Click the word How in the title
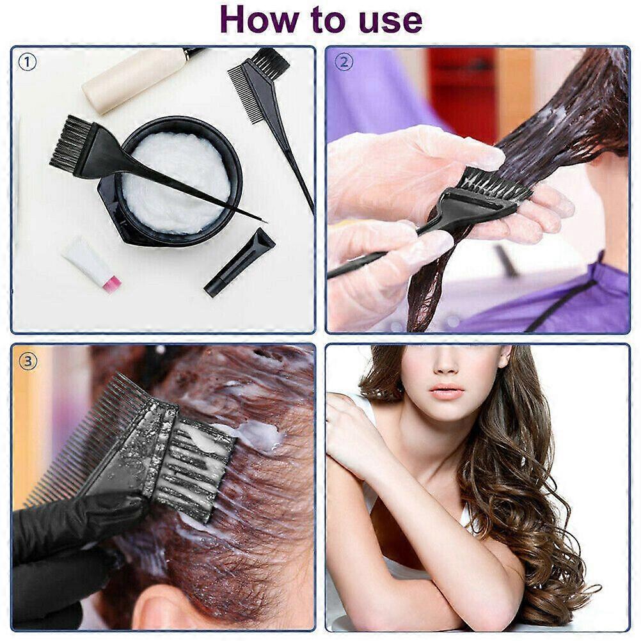[259, 20]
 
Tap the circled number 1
[28, 62]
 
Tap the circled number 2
[344, 62]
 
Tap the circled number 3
[28, 361]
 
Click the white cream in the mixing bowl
[176, 182]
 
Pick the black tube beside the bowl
[239, 262]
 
